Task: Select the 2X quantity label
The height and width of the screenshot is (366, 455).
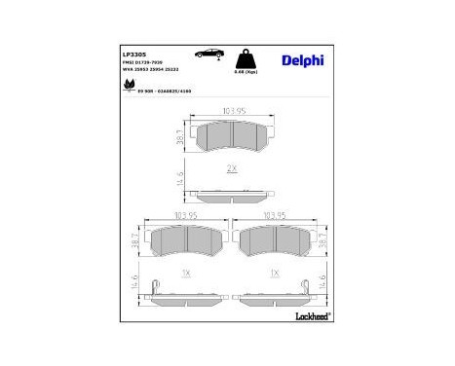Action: point(231,167)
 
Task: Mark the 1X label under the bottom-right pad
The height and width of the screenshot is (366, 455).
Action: point(276,272)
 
